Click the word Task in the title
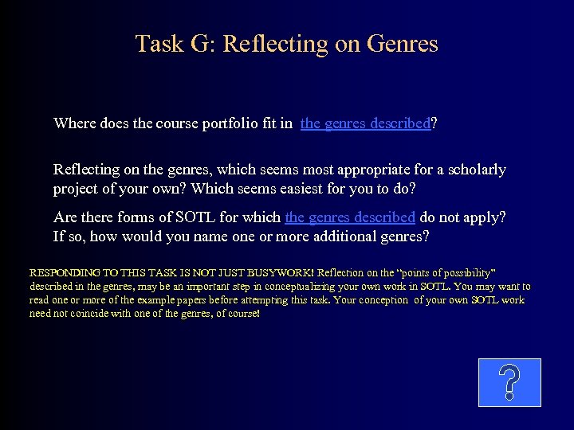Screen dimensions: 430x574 (x=157, y=43)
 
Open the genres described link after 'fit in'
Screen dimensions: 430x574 (x=365, y=123)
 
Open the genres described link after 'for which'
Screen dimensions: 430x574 (x=350, y=217)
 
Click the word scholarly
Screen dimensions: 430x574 (x=475, y=170)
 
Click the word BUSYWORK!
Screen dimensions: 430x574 (x=281, y=272)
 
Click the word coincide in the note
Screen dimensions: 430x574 (x=81, y=314)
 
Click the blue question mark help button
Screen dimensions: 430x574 (x=509, y=382)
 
